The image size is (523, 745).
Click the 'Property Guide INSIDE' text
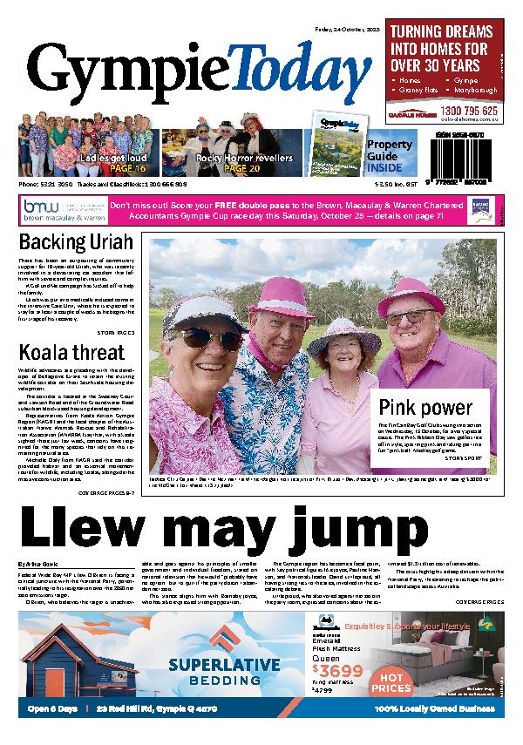point(384,155)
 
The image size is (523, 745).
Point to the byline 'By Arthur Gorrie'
point(40,565)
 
